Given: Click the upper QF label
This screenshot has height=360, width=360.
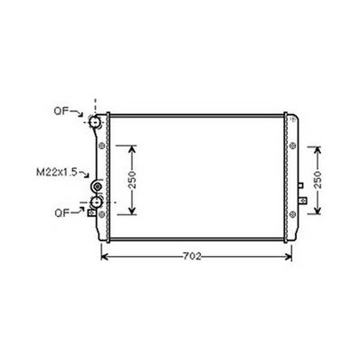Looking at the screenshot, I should coord(60,113).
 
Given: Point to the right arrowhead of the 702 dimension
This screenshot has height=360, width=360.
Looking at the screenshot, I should coord(289,257).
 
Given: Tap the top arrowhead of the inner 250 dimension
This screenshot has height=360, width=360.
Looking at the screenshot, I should coord(133,147).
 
